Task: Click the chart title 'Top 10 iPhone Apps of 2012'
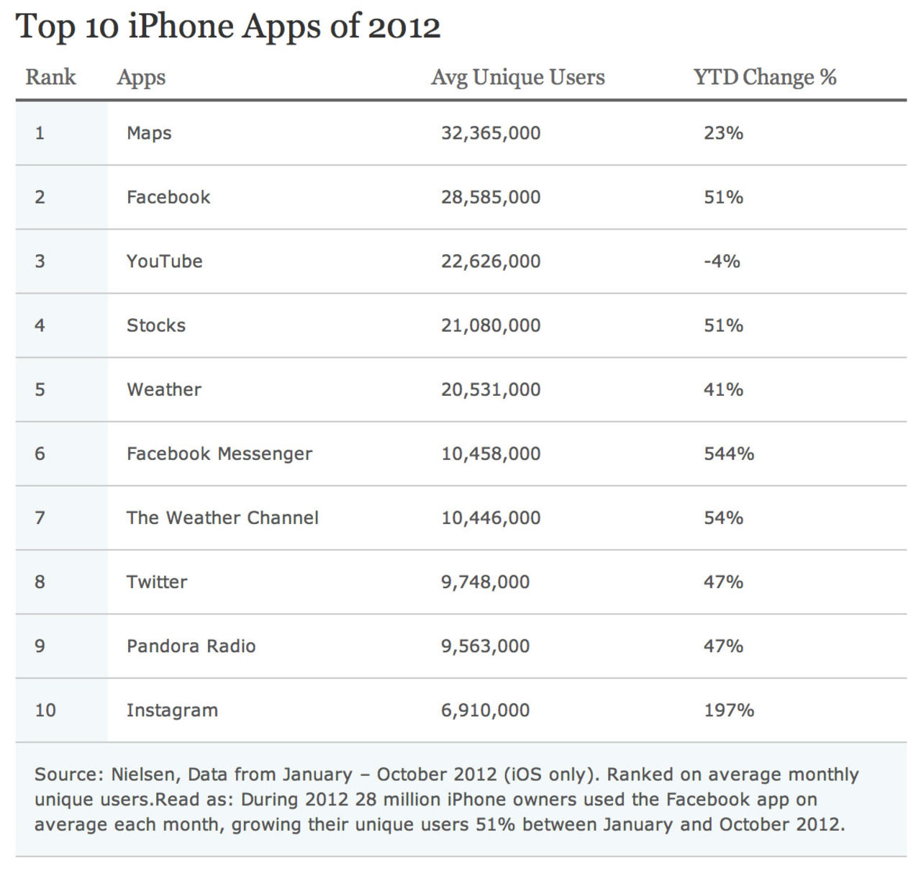227,27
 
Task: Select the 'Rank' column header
50,77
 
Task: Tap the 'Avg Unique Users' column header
518,77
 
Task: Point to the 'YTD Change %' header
765,77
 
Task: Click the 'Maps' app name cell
149,133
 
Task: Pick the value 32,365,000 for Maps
491,133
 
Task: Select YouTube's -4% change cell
722,261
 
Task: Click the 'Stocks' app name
156,325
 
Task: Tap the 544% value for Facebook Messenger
729,453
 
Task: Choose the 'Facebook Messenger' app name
219,453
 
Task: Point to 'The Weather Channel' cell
222,518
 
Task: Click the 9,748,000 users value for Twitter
485,582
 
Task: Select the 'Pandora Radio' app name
191,646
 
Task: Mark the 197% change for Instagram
729,710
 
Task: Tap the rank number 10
45,710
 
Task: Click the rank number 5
40,389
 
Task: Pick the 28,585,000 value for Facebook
491,197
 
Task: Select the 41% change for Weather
723,389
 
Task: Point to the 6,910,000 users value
485,710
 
